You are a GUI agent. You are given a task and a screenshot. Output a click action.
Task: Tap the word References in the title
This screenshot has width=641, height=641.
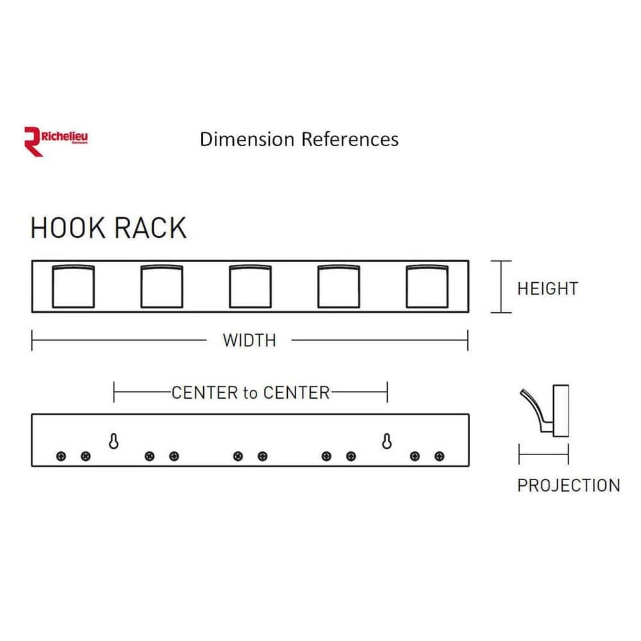pos(350,139)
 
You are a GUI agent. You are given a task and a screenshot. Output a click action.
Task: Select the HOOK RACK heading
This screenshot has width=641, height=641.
pos(108,229)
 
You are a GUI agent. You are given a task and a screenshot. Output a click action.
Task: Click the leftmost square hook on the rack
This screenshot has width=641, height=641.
pos(72,286)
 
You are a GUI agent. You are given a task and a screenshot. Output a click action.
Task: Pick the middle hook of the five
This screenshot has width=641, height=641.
pos(251,286)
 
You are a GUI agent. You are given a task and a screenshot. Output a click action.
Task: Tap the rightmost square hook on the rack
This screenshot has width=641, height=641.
pos(427,286)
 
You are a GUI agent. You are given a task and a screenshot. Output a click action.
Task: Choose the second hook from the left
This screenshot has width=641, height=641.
pos(162,286)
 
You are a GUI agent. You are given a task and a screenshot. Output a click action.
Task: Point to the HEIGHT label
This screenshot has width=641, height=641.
pos(547,288)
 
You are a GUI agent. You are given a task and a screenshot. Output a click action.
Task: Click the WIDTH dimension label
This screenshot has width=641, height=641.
pos(249,340)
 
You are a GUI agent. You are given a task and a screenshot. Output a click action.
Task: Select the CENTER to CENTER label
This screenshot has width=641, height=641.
pos(250,392)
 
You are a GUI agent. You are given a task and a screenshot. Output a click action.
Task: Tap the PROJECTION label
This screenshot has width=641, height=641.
pos(569,485)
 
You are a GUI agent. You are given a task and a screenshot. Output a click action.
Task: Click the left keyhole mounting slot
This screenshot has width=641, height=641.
pos(113,441)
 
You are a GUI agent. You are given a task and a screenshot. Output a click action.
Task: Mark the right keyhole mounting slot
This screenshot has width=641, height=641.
pos(387,441)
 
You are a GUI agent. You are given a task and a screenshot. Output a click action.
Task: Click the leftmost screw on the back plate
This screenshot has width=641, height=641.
pos(61,456)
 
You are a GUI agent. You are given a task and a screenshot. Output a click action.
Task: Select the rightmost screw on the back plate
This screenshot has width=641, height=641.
pos(439,456)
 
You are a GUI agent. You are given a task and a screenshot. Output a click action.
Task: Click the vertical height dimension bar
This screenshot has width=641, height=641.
pos(501,287)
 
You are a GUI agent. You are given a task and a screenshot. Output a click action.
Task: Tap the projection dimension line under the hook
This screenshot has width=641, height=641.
pos(544,456)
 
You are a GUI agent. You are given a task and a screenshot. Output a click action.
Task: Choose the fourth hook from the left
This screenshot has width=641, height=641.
pos(339,286)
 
